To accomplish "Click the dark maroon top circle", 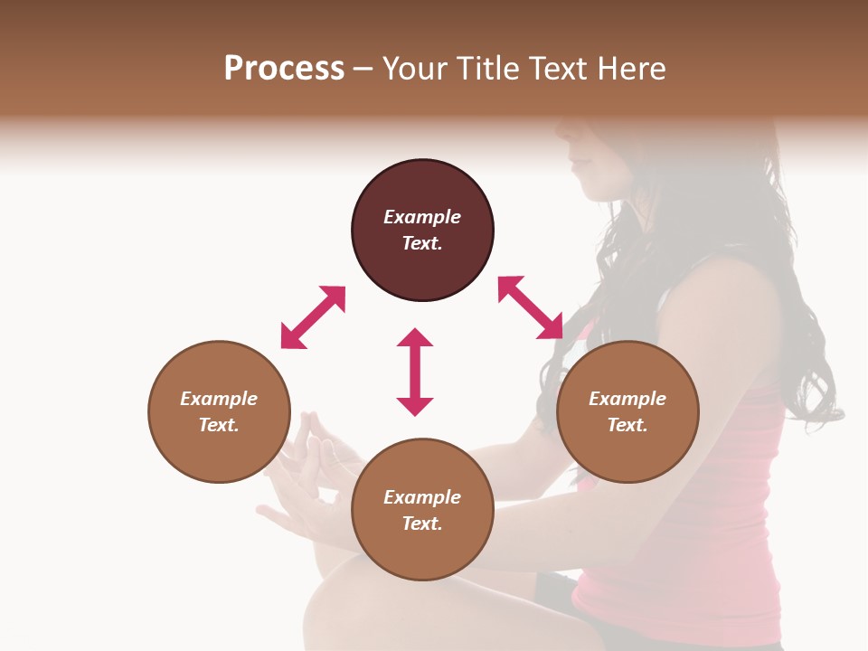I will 422,231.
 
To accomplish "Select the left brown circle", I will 219,411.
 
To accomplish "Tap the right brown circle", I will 627,411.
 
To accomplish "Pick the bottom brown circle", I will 422,510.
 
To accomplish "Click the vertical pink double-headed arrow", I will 415,372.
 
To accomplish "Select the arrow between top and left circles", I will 313,317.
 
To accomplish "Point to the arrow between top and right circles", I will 531,307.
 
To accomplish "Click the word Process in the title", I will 284,68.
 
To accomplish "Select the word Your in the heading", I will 414,68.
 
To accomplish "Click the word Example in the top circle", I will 422,217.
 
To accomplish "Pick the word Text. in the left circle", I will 219,425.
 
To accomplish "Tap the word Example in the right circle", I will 627,399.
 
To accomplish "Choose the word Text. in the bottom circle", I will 422,524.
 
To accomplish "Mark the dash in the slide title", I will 363,69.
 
